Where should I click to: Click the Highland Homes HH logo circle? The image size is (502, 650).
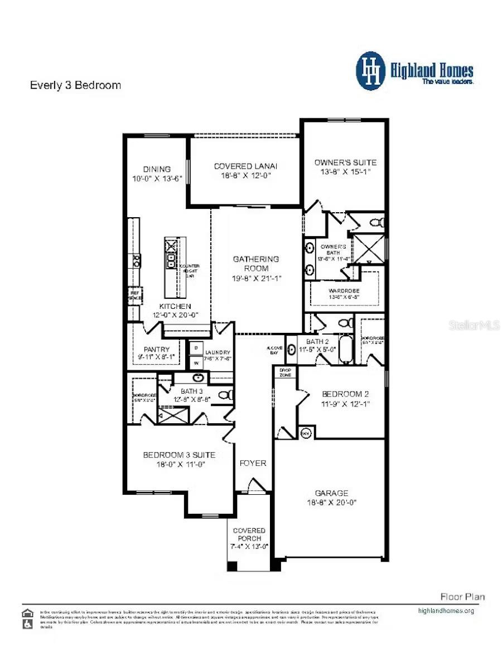pyautogui.click(x=371, y=71)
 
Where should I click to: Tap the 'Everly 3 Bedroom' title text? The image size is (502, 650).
pyautogui.click(x=75, y=85)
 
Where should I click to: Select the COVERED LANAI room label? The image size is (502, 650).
pyautogui.click(x=245, y=166)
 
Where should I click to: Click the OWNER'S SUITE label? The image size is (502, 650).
pyautogui.click(x=345, y=162)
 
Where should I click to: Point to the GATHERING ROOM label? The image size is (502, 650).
pyautogui.click(x=255, y=264)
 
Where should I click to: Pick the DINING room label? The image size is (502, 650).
pyautogui.click(x=156, y=169)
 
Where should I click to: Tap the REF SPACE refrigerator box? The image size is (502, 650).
pyautogui.click(x=135, y=295)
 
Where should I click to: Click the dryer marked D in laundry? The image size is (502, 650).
pyautogui.click(x=196, y=347)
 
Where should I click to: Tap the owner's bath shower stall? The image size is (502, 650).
pyautogui.click(x=370, y=248)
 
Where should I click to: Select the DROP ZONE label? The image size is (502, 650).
pyautogui.click(x=284, y=372)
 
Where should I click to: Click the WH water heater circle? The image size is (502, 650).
pyautogui.click(x=305, y=433)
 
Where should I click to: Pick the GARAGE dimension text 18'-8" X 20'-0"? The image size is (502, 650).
pyautogui.click(x=331, y=502)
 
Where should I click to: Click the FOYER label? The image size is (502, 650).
pyautogui.click(x=253, y=463)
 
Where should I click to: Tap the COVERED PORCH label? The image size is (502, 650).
pyautogui.click(x=249, y=534)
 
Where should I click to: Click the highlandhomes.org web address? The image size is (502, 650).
pyautogui.click(x=446, y=610)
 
